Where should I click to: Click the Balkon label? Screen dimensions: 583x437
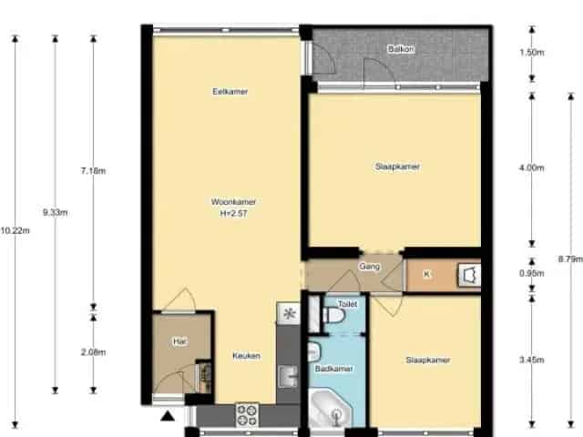401,48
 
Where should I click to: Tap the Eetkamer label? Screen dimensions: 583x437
230,91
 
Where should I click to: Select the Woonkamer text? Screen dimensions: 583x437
233,202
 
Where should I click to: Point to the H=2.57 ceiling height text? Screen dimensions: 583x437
233,213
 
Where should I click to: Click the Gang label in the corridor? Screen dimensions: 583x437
369,266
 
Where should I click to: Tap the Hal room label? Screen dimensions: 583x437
179,341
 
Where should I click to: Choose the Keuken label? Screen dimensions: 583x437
246,356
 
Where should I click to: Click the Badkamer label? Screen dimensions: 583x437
334,369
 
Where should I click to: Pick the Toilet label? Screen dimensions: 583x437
348,304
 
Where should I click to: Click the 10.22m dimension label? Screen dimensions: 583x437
15,230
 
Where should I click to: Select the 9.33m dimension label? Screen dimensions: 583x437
55,212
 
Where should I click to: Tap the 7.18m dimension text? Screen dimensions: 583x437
93,171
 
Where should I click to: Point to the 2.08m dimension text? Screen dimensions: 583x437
93,352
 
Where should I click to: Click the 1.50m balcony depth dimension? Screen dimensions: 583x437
532,53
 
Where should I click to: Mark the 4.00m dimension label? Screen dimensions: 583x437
532,168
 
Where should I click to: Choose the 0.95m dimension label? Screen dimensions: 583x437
532,273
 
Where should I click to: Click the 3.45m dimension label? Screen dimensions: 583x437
532,360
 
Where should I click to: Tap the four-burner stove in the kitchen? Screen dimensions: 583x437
247,415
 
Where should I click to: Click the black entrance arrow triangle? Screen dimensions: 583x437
168,416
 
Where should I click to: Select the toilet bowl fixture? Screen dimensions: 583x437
333,315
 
